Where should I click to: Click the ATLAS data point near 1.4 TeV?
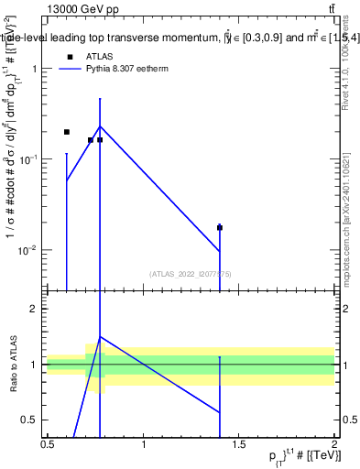(x=220, y=227)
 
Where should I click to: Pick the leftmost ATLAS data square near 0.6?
(x=67, y=132)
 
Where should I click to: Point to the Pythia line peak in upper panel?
(x=100, y=126)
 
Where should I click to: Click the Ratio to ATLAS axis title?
(x=12, y=364)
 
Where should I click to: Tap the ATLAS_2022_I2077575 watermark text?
(x=191, y=274)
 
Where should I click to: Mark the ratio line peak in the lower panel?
(x=100, y=337)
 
